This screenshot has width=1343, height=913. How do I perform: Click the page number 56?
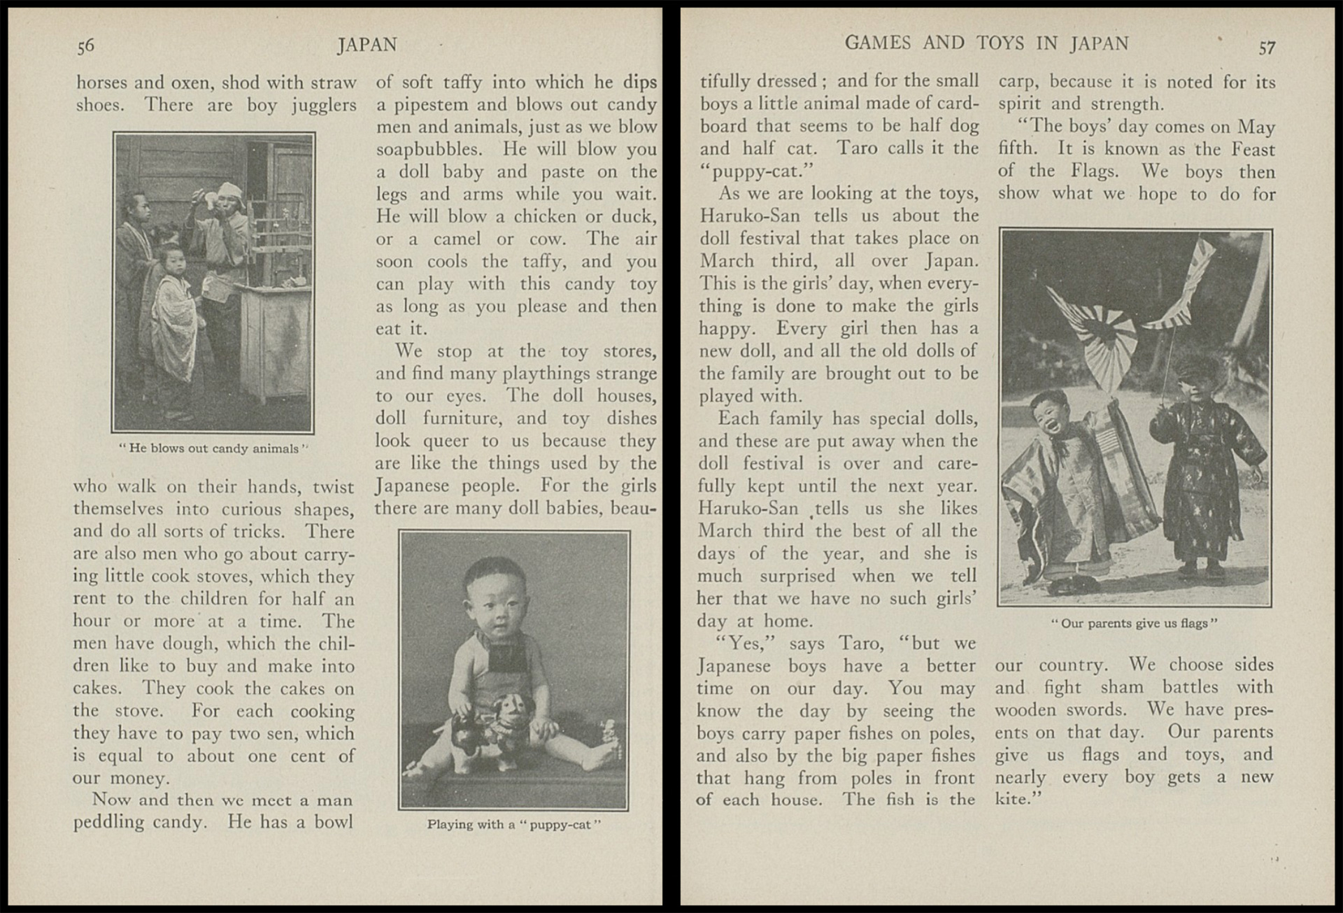pyautogui.click(x=85, y=46)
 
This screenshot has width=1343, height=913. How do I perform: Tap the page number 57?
pyautogui.click(x=1267, y=48)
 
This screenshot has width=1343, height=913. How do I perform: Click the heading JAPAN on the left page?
pyautogui.click(x=367, y=45)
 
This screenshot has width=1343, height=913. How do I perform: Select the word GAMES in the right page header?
pyautogui.click(x=877, y=43)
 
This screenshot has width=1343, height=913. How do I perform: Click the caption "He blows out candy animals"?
pyautogui.click(x=213, y=448)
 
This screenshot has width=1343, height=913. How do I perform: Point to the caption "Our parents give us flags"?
pyautogui.click(x=1134, y=623)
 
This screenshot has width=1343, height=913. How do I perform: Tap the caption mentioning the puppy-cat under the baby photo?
pyautogui.click(x=513, y=824)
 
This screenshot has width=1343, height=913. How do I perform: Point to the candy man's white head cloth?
pyautogui.click(x=229, y=190)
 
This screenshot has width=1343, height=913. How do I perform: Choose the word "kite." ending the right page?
pyautogui.click(x=1018, y=799)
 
